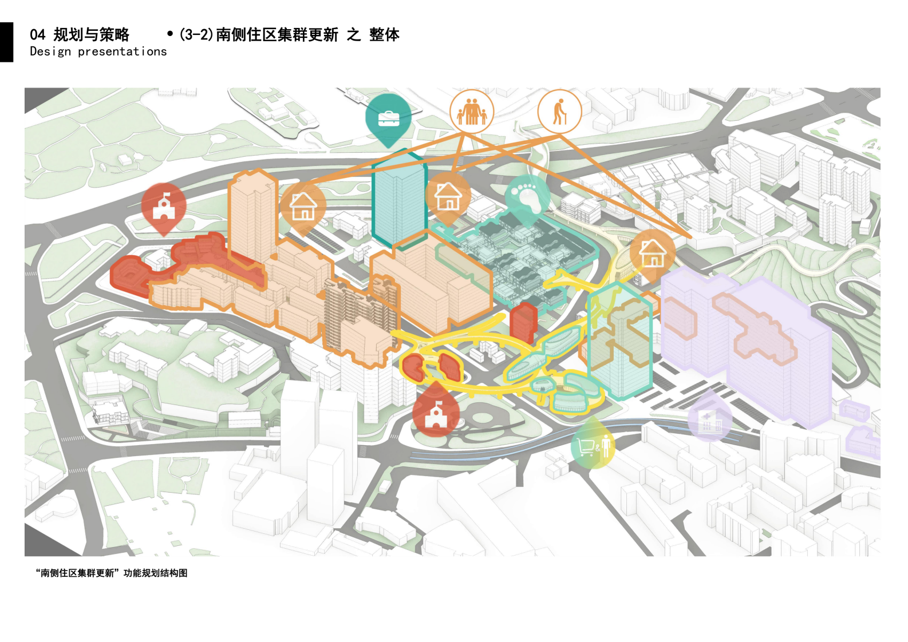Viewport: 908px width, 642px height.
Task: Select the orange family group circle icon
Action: click(x=471, y=112)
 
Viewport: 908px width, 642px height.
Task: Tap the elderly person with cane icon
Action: click(x=560, y=112)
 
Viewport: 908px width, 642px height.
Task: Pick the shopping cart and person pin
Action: click(x=593, y=443)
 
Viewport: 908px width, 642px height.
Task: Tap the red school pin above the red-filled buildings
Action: click(x=164, y=209)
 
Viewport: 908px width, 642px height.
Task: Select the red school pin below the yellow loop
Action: click(x=436, y=409)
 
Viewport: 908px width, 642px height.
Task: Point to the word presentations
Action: click(x=122, y=52)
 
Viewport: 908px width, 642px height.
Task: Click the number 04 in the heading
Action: click(x=38, y=35)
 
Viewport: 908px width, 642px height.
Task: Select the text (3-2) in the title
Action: click(x=196, y=35)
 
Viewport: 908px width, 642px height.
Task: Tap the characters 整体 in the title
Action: click(x=384, y=35)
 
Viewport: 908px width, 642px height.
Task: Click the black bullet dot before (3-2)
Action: click(x=170, y=34)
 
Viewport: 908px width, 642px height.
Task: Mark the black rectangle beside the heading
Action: click(x=6, y=42)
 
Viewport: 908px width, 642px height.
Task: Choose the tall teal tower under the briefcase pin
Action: click(x=399, y=199)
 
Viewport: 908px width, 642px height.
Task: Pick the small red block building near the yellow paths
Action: click(x=523, y=323)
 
